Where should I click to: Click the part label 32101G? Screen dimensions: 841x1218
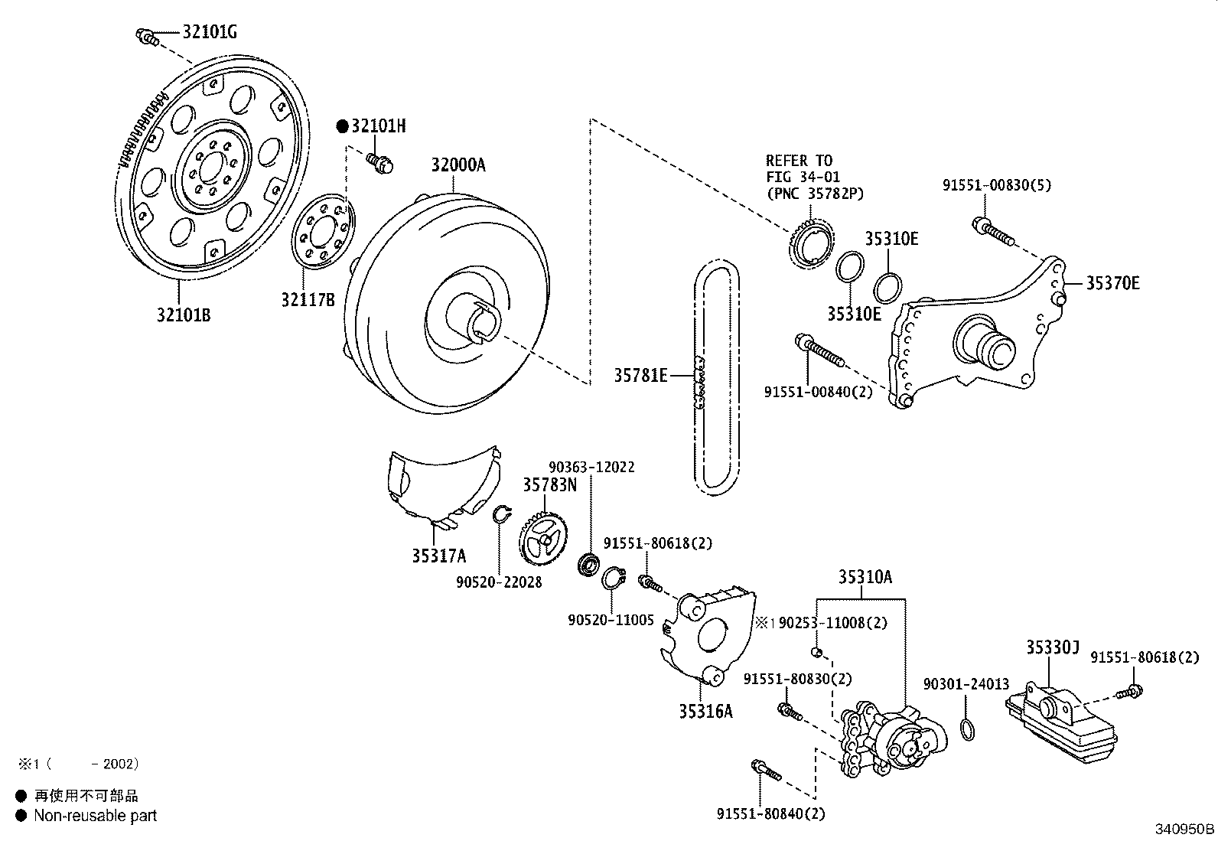pos(209,31)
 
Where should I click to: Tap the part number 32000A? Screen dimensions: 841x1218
pos(458,165)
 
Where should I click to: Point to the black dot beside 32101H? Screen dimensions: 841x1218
pos(342,126)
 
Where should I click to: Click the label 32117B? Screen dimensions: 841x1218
pos(308,299)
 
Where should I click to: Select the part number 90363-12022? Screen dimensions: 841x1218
pos(591,467)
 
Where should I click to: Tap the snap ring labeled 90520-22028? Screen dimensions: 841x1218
pos(501,514)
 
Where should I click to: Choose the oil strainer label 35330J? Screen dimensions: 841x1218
pos(1052,649)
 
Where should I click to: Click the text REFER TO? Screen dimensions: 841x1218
pos(798,161)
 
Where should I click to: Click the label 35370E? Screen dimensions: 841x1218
pos(1113,283)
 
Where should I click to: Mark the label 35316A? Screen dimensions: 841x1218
pos(705,711)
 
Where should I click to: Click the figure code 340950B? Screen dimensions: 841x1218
pos(1184,829)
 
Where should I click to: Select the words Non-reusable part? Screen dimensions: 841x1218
pos(95,816)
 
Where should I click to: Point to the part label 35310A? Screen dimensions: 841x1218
pos(865,577)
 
